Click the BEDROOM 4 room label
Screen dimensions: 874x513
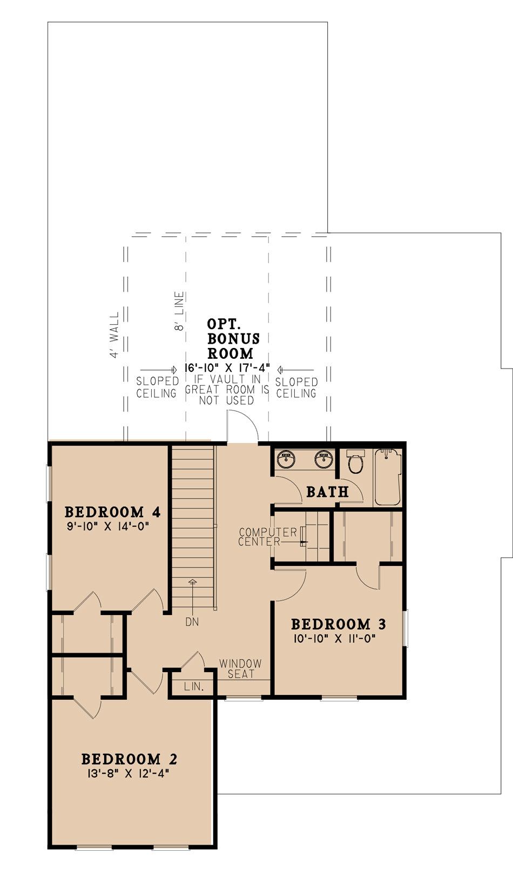[x=112, y=511]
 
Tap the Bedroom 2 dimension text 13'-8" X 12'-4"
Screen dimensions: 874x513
[x=129, y=774]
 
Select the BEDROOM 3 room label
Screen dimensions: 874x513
[x=338, y=624]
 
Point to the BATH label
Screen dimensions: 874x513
[x=327, y=491]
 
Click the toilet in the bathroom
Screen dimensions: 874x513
[x=355, y=462]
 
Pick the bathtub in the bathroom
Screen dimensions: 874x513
[x=388, y=477]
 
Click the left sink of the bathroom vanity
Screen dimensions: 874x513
[x=286, y=460]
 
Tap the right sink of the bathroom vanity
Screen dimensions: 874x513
[x=324, y=460]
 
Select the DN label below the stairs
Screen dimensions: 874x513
[x=192, y=622]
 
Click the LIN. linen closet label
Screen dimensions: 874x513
[x=193, y=687]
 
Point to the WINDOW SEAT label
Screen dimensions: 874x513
[x=240, y=668]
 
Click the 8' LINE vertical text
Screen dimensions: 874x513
[x=180, y=311]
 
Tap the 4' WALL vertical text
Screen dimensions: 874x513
[x=114, y=334]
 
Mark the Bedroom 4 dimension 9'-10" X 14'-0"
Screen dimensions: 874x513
[x=107, y=526]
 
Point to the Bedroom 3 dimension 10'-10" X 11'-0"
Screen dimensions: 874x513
[x=334, y=639]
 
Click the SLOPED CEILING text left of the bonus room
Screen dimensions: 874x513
[x=157, y=387]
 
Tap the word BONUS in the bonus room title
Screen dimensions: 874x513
[x=233, y=339]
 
